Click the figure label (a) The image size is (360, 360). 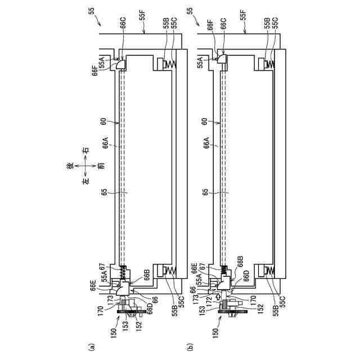pyautogui.click(x=91, y=346)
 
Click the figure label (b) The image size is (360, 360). pyautogui.click(x=190, y=346)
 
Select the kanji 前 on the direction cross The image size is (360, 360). pyautogui.click(x=101, y=166)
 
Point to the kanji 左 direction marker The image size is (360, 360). pyautogui.click(x=85, y=181)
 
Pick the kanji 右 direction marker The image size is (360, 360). pyautogui.click(x=85, y=150)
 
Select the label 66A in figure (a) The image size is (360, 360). pyautogui.click(x=106, y=143)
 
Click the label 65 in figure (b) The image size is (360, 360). pyautogui.click(x=205, y=192)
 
